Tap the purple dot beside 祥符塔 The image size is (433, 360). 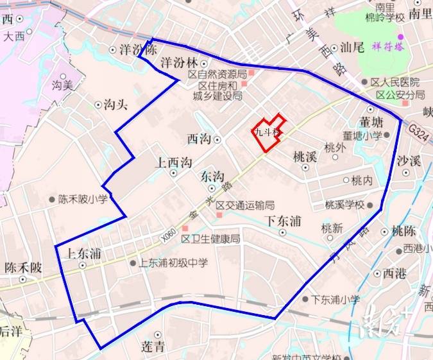click(x=402, y=37)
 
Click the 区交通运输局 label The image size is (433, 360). click(x=245, y=205)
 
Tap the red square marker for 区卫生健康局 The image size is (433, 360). click(x=185, y=228)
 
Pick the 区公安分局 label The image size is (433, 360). click(x=400, y=94)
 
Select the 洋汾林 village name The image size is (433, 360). click(x=178, y=63)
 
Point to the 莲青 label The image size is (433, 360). click(x=153, y=347)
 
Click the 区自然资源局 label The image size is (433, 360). click(x=217, y=74)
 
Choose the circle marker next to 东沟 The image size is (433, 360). click(x=211, y=188)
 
